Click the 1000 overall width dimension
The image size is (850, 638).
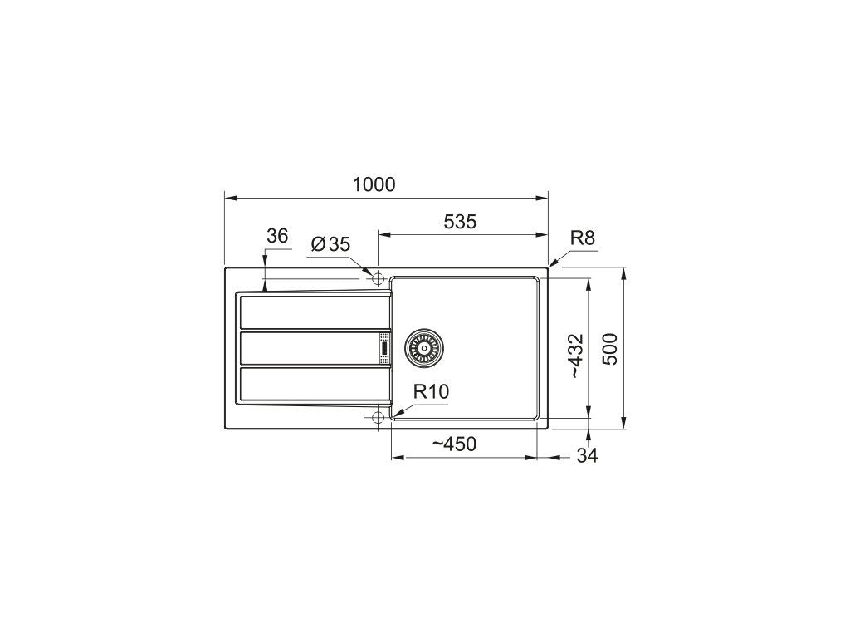374,184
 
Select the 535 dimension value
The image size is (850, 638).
460,221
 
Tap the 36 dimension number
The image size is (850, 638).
277,236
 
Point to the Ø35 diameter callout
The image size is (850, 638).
330,244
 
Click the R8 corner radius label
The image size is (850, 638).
582,238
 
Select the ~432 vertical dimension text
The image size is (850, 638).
575,356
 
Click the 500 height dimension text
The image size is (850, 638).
610,349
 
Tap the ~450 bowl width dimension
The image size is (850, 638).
454,444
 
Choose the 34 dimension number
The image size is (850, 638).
587,456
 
